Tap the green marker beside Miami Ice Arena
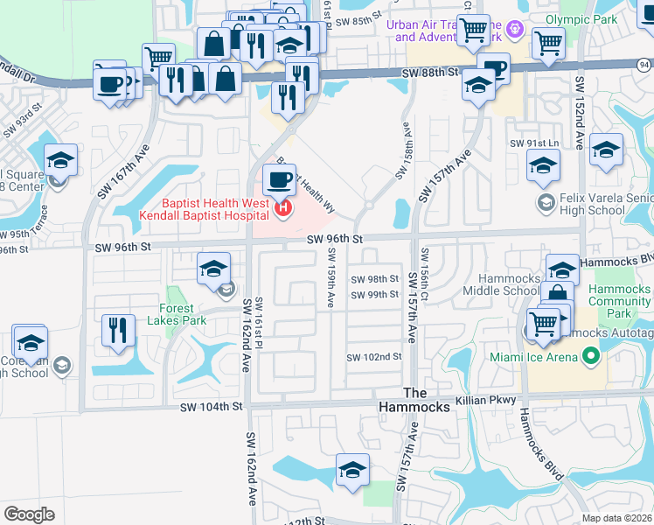(590, 356)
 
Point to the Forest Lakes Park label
(183, 314)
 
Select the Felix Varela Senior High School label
(603, 204)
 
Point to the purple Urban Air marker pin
(517, 29)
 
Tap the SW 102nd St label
(373, 357)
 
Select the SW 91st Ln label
(535, 143)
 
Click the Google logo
(30, 514)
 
